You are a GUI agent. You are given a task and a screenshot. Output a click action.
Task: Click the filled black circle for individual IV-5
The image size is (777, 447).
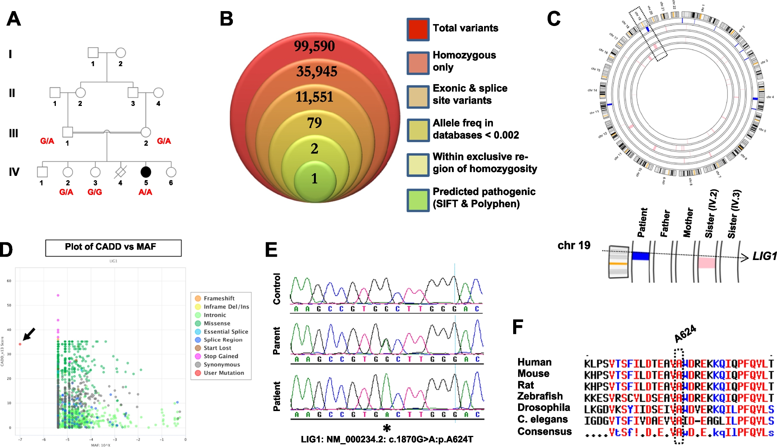(146, 172)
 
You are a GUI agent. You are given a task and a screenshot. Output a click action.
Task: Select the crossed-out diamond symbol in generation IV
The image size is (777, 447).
(120, 172)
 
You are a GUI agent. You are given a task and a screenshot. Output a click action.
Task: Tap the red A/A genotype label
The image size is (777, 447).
(145, 192)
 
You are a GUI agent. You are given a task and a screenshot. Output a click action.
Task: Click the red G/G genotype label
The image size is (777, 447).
(95, 192)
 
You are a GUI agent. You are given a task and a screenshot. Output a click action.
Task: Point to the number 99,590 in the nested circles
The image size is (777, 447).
(314, 46)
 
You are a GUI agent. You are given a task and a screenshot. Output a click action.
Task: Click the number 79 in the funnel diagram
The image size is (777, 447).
(314, 123)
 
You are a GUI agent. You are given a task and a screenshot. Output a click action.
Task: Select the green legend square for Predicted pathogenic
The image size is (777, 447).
(418, 200)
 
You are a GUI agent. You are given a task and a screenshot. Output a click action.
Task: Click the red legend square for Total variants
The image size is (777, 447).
(418, 29)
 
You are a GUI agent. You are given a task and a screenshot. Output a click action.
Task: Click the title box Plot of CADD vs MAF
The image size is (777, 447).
(113, 248)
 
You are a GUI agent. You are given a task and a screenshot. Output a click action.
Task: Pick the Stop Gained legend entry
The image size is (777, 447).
(221, 356)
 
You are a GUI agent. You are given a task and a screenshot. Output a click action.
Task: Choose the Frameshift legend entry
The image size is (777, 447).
(219, 298)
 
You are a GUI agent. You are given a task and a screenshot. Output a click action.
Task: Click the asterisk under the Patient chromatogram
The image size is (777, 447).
(387, 428)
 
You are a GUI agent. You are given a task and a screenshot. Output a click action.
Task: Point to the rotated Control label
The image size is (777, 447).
(277, 289)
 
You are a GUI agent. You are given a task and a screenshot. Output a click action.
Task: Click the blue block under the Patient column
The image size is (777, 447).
(640, 256)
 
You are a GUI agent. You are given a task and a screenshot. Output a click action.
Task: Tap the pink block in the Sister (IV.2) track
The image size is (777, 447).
(707, 263)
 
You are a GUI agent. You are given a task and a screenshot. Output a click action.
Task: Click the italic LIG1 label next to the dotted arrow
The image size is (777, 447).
(764, 256)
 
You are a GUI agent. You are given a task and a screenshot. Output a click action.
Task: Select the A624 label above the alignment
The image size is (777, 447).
(685, 334)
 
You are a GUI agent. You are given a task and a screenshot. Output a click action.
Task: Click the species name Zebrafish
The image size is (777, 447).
(540, 396)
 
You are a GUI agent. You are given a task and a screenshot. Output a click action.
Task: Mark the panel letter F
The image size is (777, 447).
(518, 327)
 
